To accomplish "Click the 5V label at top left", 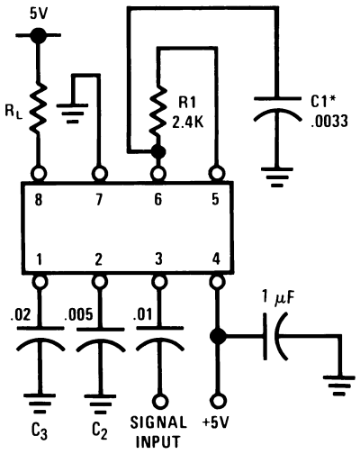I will tap(38, 14).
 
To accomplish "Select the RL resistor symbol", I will tap(39, 111).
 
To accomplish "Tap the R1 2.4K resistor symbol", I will tap(158, 108).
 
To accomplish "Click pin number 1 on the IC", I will tap(39, 259).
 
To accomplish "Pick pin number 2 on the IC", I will tap(98, 259).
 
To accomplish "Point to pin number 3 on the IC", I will tap(158, 259).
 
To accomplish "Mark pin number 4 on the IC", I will tap(216, 259).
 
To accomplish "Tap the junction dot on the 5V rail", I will tap(38, 35).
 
